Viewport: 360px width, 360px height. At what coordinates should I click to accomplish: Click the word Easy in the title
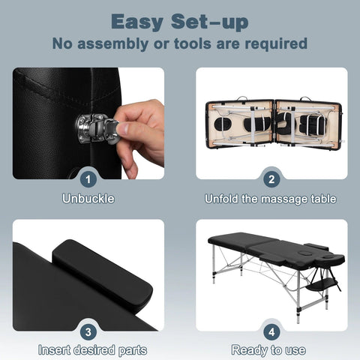coord(137,22)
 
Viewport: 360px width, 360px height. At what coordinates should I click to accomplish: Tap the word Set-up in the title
coord(209,22)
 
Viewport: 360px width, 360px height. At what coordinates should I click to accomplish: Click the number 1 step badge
coord(88,179)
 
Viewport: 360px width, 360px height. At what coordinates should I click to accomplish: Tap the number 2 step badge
coord(271,179)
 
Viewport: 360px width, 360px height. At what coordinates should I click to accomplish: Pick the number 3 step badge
coord(88,332)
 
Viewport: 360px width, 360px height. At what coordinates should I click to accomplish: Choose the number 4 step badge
coord(271,332)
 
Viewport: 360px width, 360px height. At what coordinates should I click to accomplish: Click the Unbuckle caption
coord(88,199)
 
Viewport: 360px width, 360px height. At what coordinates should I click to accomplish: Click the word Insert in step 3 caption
coord(54,349)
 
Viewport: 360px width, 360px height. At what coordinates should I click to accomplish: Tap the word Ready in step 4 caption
coord(249,350)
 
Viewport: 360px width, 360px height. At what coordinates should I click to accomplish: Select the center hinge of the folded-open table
coord(274,124)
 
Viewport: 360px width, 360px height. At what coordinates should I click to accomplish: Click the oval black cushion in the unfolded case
coord(223,124)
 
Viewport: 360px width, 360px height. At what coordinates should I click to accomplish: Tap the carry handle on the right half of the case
coord(305,99)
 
